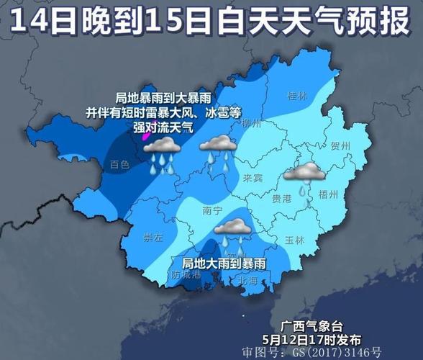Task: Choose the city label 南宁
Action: [213, 211]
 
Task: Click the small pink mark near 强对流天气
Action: [145, 132]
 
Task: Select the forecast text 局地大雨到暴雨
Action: [224, 264]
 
